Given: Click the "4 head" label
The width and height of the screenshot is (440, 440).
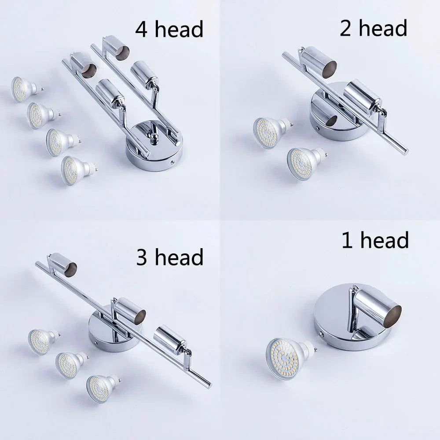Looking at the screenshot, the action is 169,29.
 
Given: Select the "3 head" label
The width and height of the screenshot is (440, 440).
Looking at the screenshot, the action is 170,257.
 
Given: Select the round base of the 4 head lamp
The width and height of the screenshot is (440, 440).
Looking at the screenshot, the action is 154,146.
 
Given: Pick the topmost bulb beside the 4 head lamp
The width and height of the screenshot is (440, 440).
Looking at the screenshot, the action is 25,89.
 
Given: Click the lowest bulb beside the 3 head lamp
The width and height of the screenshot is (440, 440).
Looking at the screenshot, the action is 102,389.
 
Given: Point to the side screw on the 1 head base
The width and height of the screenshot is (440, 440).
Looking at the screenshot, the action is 321,334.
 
